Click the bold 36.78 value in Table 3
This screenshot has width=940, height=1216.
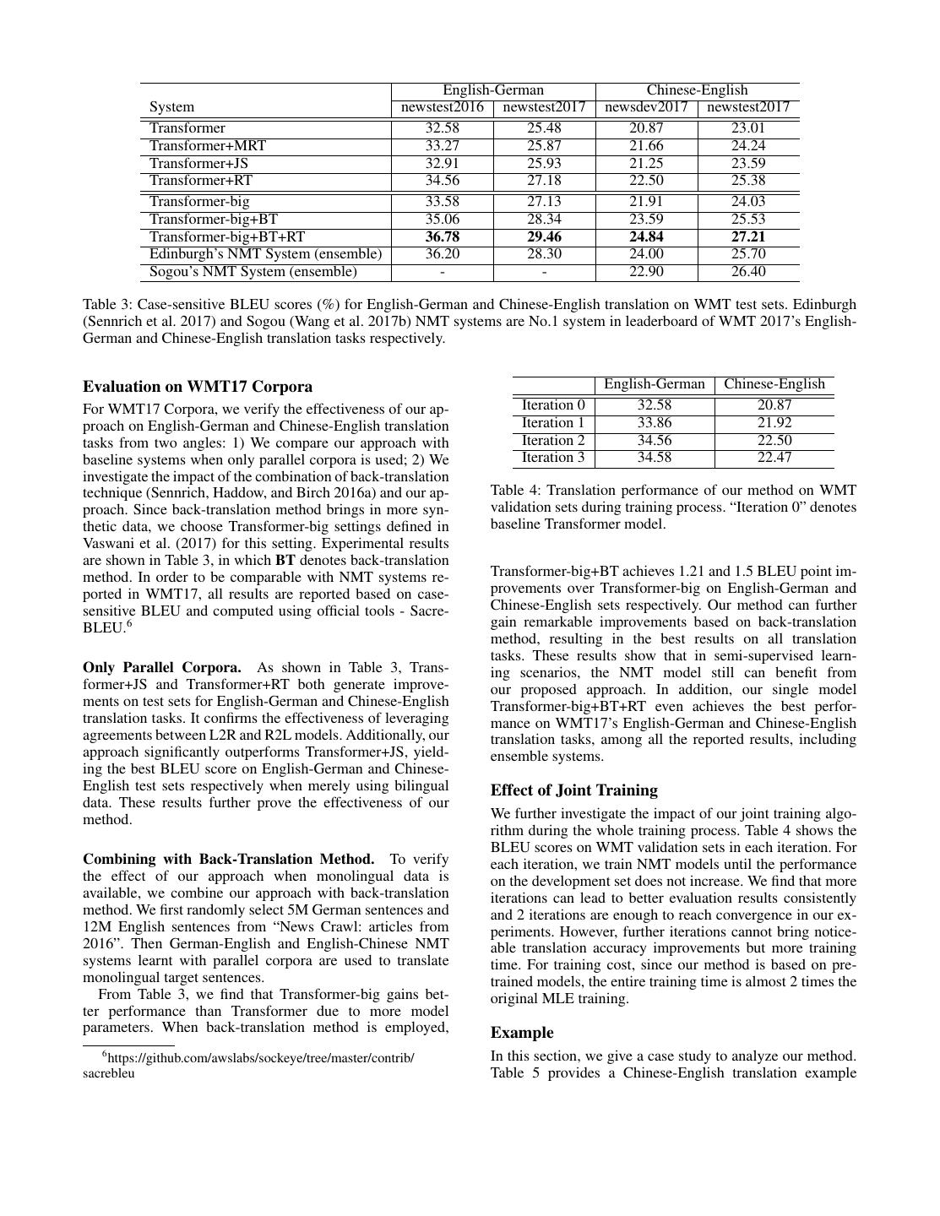pos(443,236)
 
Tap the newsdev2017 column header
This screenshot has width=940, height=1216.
pos(646,107)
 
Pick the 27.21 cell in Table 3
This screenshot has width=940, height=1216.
pos(748,236)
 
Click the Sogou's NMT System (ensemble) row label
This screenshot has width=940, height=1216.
pos(253,272)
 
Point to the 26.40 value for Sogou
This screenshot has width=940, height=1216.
pos(748,272)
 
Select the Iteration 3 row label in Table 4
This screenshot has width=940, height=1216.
pos(553,458)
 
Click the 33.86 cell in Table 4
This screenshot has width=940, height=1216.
pos(655,423)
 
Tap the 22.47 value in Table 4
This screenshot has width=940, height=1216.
pos(774,458)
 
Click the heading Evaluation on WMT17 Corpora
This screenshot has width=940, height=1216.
pos(198,387)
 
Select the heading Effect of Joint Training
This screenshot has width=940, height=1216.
pos(574,790)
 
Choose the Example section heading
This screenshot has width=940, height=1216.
pos(522,1033)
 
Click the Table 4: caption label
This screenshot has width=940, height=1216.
pos(515,491)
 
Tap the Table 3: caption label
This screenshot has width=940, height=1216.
pos(107,304)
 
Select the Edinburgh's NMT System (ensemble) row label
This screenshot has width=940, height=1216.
pos(265,254)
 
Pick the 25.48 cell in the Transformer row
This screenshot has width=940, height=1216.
pos(545,128)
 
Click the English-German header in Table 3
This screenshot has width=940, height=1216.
pos(493,90)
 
